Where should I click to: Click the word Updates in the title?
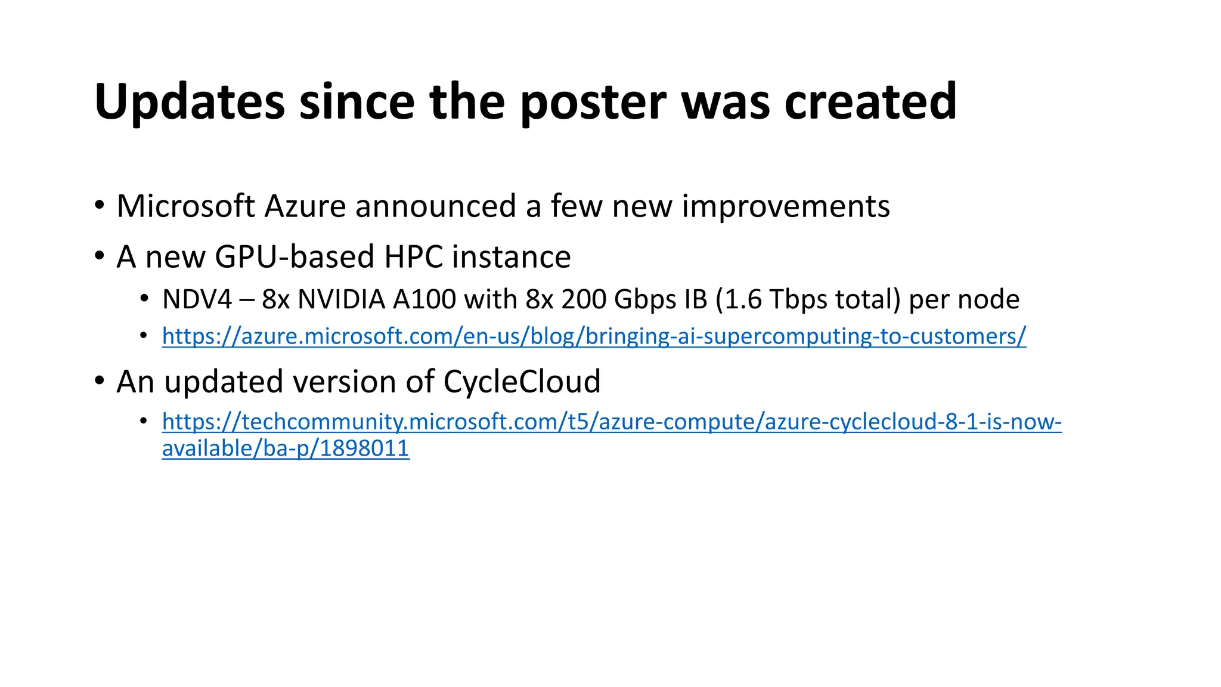[x=190, y=103]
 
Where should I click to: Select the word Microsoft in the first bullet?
[x=186, y=206]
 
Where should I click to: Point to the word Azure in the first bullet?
[x=305, y=206]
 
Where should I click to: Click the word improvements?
[x=786, y=206]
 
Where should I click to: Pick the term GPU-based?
[x=295, y=257]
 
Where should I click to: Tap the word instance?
[x=511, y=257]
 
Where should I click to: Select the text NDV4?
[x=197, y=299]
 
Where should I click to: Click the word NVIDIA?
[x=341, y=299]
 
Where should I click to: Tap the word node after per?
[x=988, y=299]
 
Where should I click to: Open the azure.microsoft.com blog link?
[x=594, y=336]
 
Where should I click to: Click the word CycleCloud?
[x=522, y=382]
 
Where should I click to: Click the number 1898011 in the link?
[x=364, y=448]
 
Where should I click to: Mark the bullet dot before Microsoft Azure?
[x=100, y=206]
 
